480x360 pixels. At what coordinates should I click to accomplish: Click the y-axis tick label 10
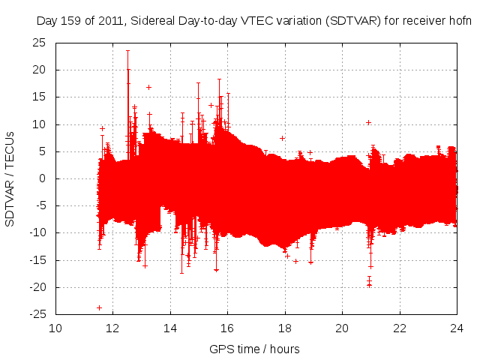(x=40, y=124)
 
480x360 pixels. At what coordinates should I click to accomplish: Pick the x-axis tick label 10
(x=55, y=328)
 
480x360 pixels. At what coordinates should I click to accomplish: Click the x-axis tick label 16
(x=227, y=328)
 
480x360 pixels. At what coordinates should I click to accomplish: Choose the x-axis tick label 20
(x=342, y=328)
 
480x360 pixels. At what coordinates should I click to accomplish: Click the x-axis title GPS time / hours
(x=254, y=349)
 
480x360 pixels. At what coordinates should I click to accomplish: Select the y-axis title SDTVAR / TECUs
(x=10, y=178)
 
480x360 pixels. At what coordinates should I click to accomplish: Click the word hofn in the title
(x=460, y=21)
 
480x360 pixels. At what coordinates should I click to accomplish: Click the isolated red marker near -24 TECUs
(x=99, y=307)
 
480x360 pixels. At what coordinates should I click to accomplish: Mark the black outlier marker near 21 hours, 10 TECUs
(x=368, y=122)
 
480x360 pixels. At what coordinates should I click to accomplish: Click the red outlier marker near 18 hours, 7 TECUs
(x=282, y=138)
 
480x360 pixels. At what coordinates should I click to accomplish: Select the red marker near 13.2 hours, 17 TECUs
(x=148, y=87)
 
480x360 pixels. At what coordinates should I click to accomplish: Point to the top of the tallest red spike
(x=128, y=51)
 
